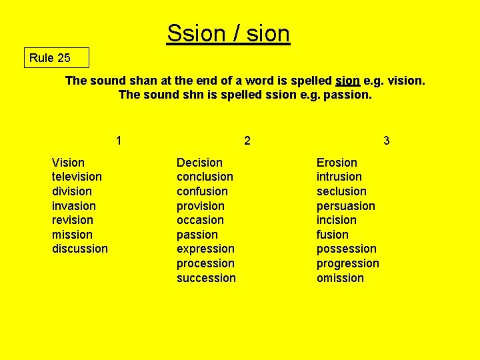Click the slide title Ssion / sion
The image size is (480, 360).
click(x=228, y=33)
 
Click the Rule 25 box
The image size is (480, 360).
click(x=56, y=58)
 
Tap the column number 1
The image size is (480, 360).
click(x=119, y=141)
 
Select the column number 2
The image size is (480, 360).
click(x=247, y=141)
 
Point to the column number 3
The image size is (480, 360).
click(x=387, y=141)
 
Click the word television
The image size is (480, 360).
click(x=77, y=177)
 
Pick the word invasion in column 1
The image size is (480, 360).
click(x=73, y=206)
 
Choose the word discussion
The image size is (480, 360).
click(x=79, y=249)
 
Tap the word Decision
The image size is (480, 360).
click(x=199, y=163)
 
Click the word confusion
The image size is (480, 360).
click(x=202, y=191)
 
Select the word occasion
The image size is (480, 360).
click(x=200, y=220)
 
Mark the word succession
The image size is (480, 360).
click(x=206, y=278)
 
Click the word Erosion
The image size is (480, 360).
click(x=337, y=163)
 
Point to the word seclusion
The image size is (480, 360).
click(x=341, y=191)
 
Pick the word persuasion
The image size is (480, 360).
click(x=345, y=206)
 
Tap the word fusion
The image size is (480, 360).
click(x=332, y=235)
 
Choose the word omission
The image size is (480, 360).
click(x=340, y=278)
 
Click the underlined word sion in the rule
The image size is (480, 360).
click(x=347, y=81)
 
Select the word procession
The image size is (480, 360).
click(x=205, y=263)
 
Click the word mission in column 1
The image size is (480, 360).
click(x=72, y=235)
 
